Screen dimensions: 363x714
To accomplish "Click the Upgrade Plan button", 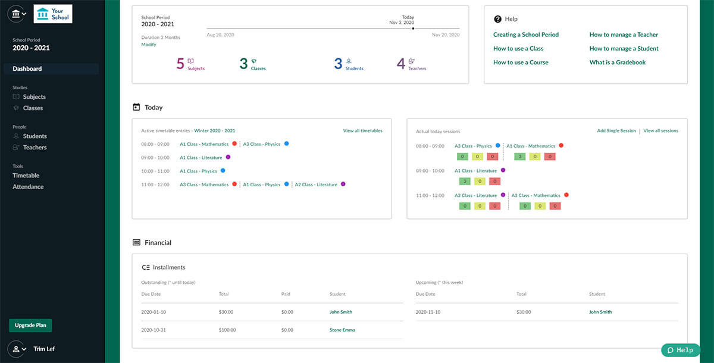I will (x=30, y=326).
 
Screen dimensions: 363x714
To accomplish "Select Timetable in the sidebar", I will (x=26, y=176).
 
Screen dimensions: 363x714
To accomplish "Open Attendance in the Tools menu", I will (x=28, y=187).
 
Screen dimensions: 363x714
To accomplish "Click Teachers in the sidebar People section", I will (x=35, y=148).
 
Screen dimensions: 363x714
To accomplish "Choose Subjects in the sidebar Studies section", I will (x=34, y=97).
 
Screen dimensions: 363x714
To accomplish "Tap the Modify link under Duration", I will (x=149, y=45).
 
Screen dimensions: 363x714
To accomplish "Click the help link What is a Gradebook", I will (x=617, y=62).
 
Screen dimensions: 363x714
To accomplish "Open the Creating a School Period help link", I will (x=526, y=35).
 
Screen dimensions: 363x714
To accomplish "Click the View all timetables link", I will (x=362, y=131).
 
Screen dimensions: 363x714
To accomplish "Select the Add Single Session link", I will (x=616, y=131).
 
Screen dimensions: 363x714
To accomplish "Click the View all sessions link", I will (x=660, y=131).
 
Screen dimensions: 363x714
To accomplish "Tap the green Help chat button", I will (x=680, y=350).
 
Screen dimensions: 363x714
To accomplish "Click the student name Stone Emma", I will (x=342, y=330).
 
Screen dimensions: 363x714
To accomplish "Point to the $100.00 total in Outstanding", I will (x=227, y=330).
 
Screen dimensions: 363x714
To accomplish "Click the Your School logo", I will (x=53, y=14).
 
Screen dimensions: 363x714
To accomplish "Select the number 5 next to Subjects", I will (x=180, y=64).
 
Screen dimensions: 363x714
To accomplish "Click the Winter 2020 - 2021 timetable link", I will (x=214, y=131).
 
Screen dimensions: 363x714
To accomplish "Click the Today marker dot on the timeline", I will (x=413, y=28).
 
